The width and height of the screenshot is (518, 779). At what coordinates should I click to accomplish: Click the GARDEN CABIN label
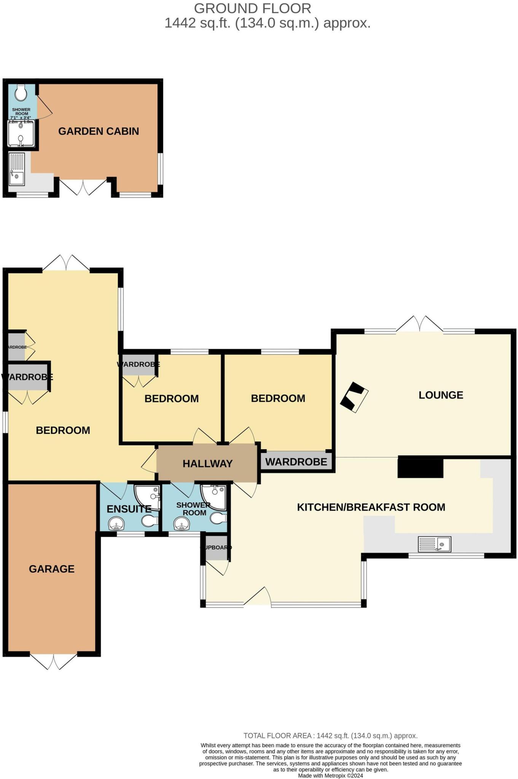point(98,131)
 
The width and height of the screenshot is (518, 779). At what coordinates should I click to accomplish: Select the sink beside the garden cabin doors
point(17,169)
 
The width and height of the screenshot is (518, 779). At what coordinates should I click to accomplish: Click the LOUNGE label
point(441,395)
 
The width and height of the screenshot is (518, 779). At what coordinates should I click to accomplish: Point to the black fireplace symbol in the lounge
point(354,397)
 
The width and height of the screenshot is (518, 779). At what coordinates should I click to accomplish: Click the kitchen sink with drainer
point(434,544)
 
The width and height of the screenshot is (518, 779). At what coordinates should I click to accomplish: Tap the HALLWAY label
point(207,464)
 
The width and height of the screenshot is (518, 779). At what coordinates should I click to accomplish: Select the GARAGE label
point(52,569)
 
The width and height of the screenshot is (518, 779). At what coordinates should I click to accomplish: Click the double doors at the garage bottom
point(53,662)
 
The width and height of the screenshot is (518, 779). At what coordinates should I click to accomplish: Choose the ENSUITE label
point(129,509)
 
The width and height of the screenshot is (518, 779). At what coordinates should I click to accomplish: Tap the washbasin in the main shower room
point(182,525)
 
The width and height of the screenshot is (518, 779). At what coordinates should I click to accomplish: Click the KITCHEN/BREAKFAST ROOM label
point(371,507)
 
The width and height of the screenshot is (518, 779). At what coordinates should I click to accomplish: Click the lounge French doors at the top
point(419,324)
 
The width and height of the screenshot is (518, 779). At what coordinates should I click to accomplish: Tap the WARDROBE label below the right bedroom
point(296,462)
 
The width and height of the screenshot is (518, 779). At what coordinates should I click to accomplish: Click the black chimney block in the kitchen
point(420,468)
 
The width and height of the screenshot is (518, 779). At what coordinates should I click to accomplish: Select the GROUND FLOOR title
point(252,8)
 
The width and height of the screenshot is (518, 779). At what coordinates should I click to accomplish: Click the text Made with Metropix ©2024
point(330,776)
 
